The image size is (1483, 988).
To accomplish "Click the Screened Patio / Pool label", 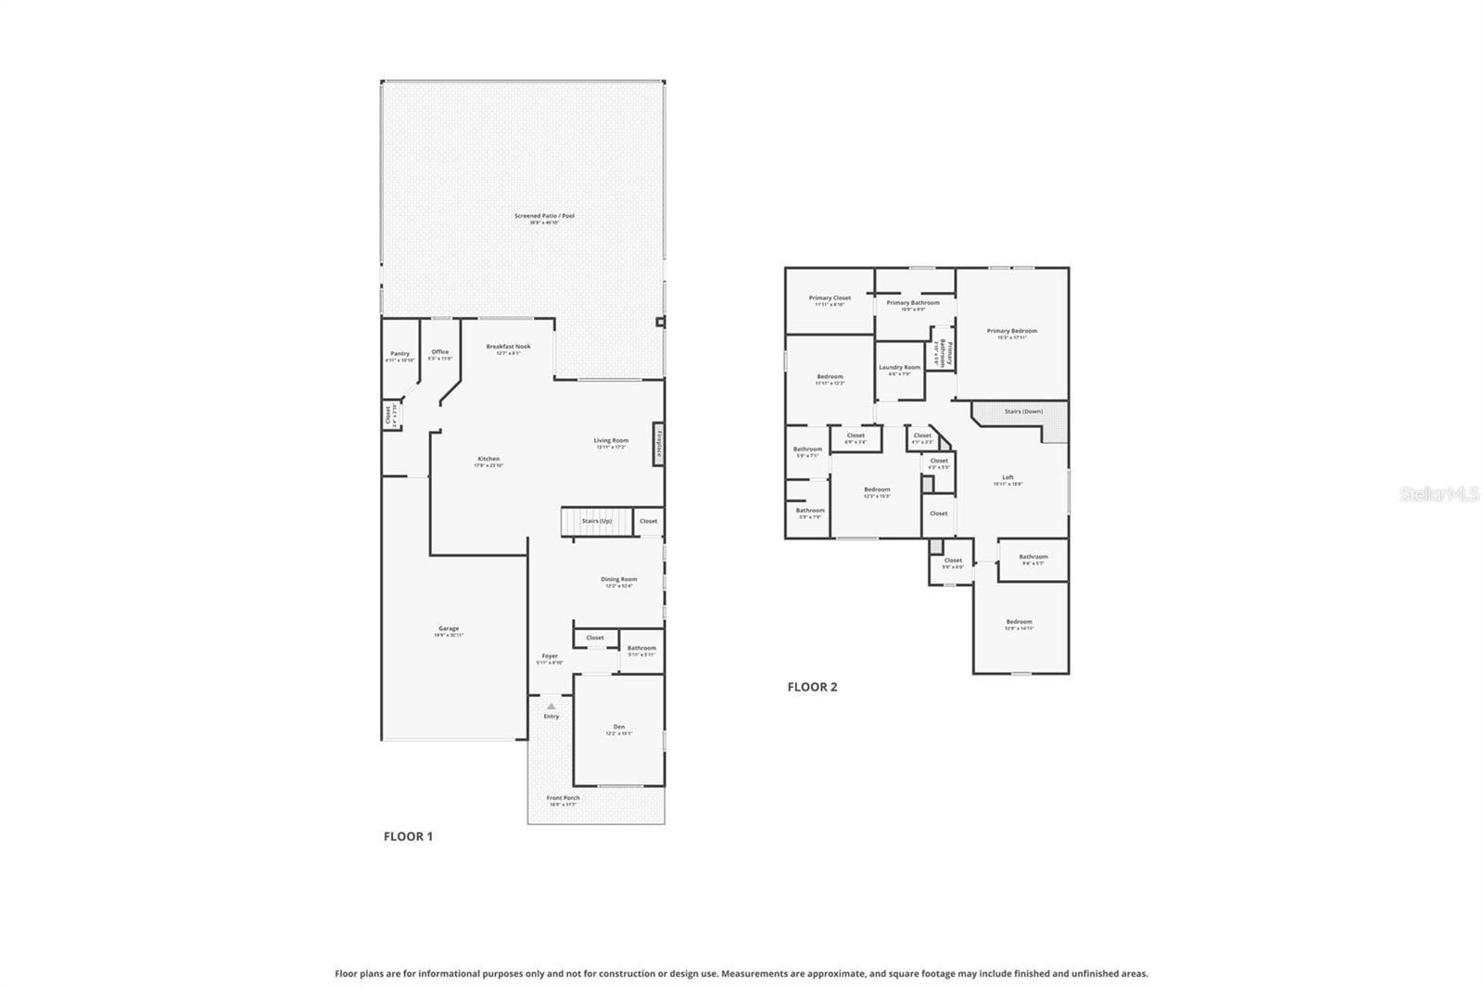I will [x=544, y=217].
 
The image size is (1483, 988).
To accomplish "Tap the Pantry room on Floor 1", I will [x=399, y=355].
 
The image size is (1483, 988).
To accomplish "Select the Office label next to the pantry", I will [x=440, y=353].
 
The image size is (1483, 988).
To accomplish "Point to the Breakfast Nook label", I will [x=508, y=348].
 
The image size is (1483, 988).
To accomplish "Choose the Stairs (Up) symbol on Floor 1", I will [x=596, y=521].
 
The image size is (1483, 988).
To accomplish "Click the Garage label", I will [x=449, y=630].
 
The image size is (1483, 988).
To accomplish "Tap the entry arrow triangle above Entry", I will [x=551, y=706].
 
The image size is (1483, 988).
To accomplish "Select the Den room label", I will [x=618, y=728].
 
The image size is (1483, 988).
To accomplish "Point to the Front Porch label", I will [x=563, y=799].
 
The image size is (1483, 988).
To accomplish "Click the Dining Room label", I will [x=618, y=581].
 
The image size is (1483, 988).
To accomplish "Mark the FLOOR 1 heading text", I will [x=408, y=836].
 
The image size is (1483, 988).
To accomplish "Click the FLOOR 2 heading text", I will [x=812, y=687].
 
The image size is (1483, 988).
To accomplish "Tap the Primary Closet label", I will [x=829, y=299].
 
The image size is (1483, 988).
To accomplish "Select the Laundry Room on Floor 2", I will [x=899, y=369].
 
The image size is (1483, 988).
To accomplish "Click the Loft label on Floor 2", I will [x=1008, y=479].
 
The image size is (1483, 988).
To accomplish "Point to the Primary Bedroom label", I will [x=1011, y=333].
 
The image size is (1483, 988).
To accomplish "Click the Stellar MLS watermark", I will [x=1439, y=495].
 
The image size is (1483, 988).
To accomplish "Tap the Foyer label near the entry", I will [x=550, y=657].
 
